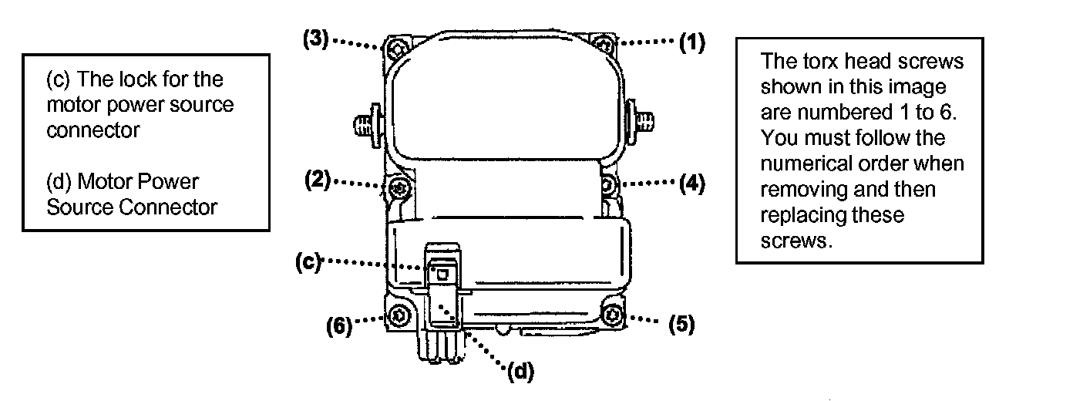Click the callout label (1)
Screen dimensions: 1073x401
coord(691,43)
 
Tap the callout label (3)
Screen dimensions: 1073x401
coord(315,41)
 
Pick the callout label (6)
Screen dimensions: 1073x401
coord(338,326)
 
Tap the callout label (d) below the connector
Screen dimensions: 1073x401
coord(520,372)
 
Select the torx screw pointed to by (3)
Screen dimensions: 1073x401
coord(397,50)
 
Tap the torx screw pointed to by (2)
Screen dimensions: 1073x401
coord(399,187)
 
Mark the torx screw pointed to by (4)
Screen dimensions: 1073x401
coord(607,185)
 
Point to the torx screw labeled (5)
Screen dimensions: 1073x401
coord(613,315)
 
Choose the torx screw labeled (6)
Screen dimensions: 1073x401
coord(399,315)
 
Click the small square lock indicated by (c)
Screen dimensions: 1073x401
coord(442,272)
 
